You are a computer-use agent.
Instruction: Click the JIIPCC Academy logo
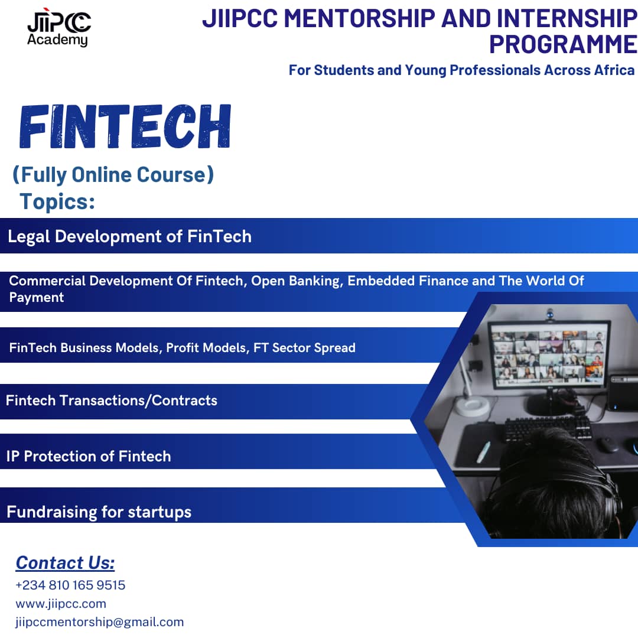[59, 27]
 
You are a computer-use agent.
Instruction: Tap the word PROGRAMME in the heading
[563, 44]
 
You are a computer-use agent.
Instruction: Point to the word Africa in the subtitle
[614, 70]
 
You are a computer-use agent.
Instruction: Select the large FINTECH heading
[125, 126]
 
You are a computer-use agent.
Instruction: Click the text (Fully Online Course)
[113, 175]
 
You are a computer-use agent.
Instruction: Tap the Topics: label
[57, 202]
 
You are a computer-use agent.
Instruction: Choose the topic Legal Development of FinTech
[130, 236]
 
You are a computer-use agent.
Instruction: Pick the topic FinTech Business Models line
[183, 348]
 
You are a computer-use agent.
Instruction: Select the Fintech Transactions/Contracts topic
[112, 401]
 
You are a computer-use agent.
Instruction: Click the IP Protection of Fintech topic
[88, 457]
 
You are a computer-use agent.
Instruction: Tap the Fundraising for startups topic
[99, 512]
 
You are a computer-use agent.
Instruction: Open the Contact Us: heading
[65, 563]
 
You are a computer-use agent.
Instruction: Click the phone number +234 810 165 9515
[70, 585]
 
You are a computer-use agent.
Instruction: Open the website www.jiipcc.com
[61, 604]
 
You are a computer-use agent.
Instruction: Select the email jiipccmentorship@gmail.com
[100, 622]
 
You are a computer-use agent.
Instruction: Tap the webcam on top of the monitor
[550, 314]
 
